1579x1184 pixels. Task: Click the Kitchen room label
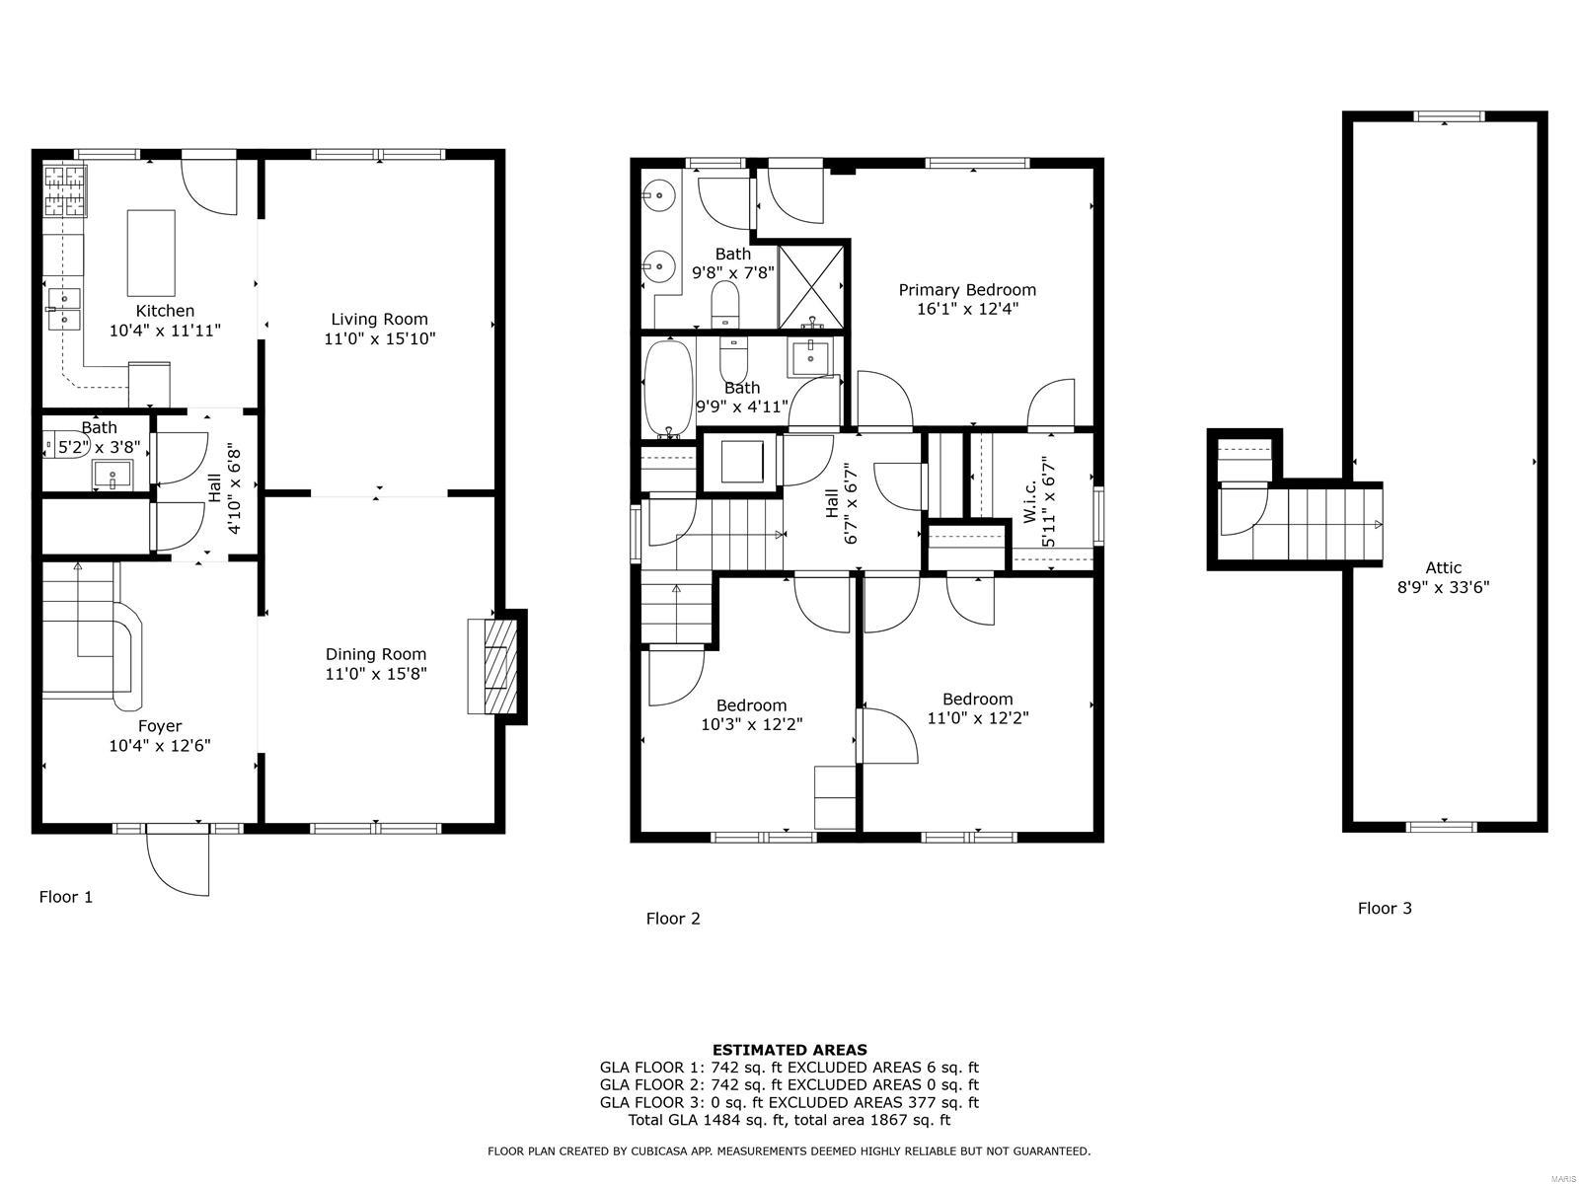pos(165,311)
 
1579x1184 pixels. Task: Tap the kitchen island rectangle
pos(151,253)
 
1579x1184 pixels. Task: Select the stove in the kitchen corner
pos(65,190)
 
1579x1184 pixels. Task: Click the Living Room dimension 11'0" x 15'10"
pos(380,338)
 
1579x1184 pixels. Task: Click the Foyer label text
pos(159,726)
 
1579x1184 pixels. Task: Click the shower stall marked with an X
pos(812,285)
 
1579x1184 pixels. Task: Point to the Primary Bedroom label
pos(967,290)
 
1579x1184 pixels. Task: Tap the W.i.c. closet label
pos(1029,501)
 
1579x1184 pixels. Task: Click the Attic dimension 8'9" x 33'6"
pos(1443,587)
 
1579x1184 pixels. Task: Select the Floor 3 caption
pos(1385,909)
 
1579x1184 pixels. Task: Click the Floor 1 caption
pos(65,897)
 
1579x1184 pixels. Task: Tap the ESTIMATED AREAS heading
pos(789,1050)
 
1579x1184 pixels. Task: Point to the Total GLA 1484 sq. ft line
pos(789,1120)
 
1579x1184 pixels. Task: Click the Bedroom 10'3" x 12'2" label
pos(751,705)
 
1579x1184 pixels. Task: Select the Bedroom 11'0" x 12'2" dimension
pos(977,718)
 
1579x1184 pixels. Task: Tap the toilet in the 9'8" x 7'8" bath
pos(725,304)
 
